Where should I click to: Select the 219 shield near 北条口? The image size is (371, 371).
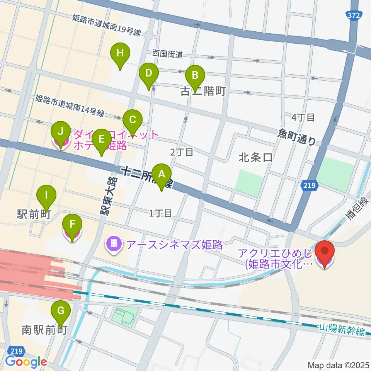[309, 186]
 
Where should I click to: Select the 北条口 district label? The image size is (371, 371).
[255, 158]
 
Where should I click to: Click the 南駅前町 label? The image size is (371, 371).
[45, 330]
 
